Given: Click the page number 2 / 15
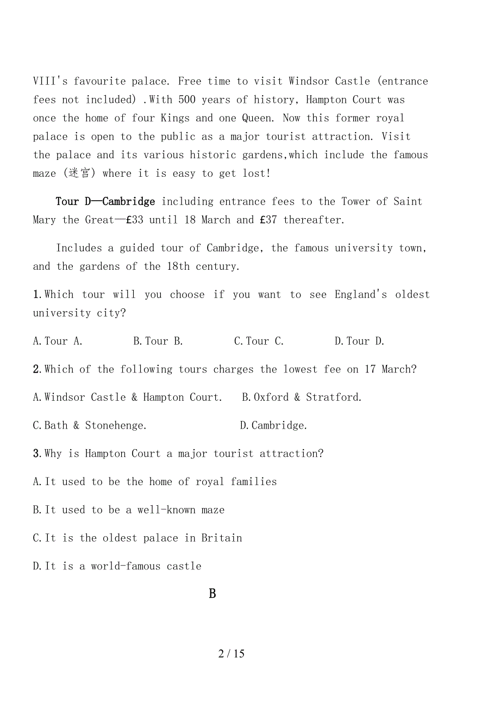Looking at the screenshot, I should pyautogui.click(x=232, y=654).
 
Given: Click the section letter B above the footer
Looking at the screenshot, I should pyautogui.click(x=212, y=594).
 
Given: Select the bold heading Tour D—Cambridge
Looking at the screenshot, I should pyautogui.click(x=105, y=202).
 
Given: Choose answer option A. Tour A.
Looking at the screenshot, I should pyautogui.click(x=58, y=342).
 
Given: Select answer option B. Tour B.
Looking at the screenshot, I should pyautogui.click(x=158, y=342).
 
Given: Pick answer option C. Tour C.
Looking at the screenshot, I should pyautogui.click(x=259, y=342).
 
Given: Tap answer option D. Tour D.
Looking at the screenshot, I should pyautogui.click(x=360, y=342).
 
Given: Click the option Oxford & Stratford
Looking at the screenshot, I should pyautogui.click(x=302, y=398).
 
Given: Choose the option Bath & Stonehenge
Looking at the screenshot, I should pyautogui.click(x=90, y=426).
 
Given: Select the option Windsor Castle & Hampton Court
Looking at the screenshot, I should pyautogui.click(x=128, y=398).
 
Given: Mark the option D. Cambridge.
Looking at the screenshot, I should pyautogui.click(x=273, y=426).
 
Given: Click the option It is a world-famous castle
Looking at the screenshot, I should pyautogui.click(x=117, y=566).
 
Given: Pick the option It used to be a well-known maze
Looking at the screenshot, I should pyautogui.click(x=128, y=510).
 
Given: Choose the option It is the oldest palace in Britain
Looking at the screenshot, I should pyautogui.click(x=137, y=538).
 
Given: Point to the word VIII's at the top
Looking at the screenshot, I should pyautogui.click(x=51, y=82).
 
